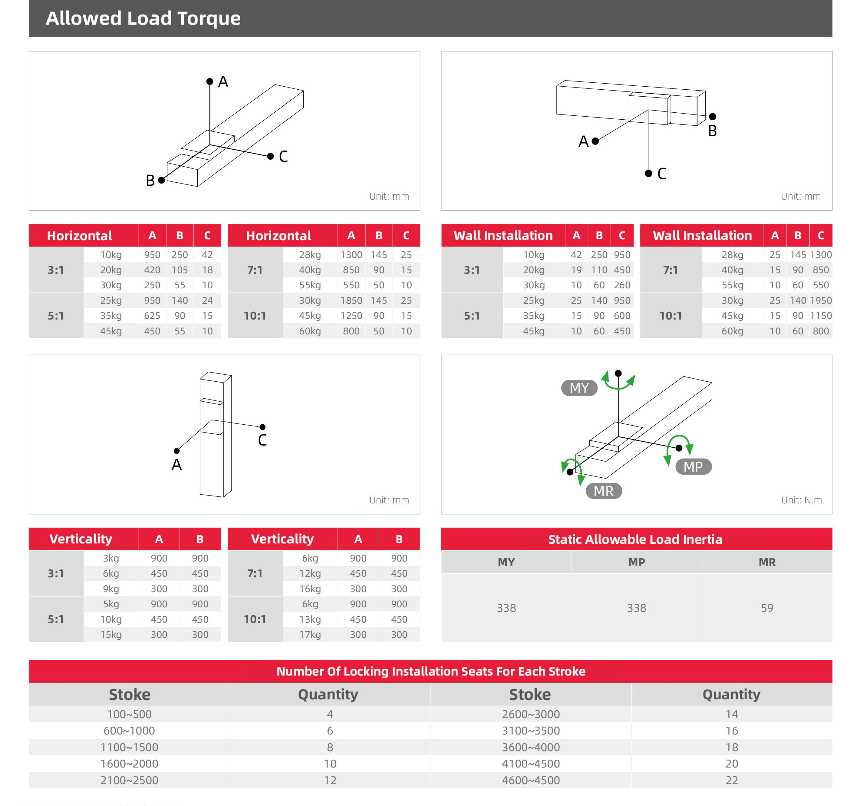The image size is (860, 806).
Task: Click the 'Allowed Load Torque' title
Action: (x=143, y=18)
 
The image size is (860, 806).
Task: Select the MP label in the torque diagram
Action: (x=693, y=467)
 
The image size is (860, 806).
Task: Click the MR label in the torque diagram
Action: (x=604, y=491)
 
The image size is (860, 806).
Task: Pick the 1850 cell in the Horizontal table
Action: (x=351, y=300)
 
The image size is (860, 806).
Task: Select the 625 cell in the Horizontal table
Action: (x=152, y=316)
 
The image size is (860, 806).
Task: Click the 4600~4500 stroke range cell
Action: (x=530, y=781)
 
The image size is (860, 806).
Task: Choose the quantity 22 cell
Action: (x=732, y=781)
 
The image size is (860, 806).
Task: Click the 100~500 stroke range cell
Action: (x=129, y=714)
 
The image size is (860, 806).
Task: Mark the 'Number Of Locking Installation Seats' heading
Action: (x=430, y=672)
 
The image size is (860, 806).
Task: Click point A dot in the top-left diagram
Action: (x=210, y=81)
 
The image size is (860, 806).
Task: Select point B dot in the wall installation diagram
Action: (x=713, y=116)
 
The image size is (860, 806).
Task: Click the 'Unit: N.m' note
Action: (x=801, y=500)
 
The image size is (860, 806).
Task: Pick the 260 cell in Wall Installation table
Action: (x=622, y=285)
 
